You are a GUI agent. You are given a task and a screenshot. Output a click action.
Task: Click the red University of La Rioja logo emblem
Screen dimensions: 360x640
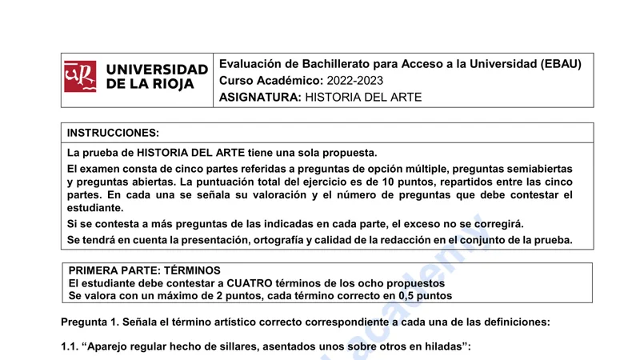tap(80, 77)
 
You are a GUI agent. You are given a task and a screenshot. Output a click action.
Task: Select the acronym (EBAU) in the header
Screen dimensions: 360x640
tap(561, 64)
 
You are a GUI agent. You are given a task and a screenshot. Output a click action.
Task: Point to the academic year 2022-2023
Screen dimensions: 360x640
tap(355, 81)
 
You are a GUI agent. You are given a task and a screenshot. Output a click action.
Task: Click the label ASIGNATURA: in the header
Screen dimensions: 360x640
tap(259, 98)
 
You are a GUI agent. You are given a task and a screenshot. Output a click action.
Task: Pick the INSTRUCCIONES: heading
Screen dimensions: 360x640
tap(113, 133)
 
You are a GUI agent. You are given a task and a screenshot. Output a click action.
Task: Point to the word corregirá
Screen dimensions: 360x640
tap(496, 223)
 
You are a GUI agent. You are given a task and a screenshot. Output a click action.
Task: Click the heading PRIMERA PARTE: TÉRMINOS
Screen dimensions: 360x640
tap(145, 270)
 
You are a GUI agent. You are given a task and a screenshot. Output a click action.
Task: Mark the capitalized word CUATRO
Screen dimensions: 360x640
tap(255, 283)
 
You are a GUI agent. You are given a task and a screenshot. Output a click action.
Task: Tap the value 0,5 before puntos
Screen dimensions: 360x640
tap(407, 295)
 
